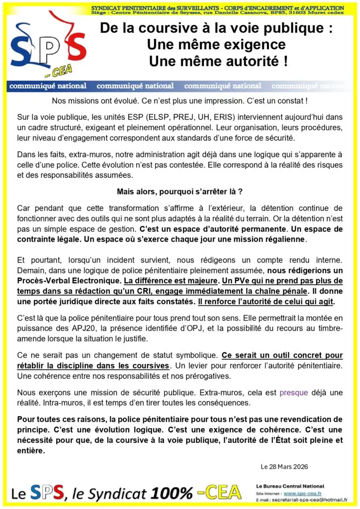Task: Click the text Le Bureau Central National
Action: (290, 486)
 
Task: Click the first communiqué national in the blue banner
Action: (48, 86)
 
